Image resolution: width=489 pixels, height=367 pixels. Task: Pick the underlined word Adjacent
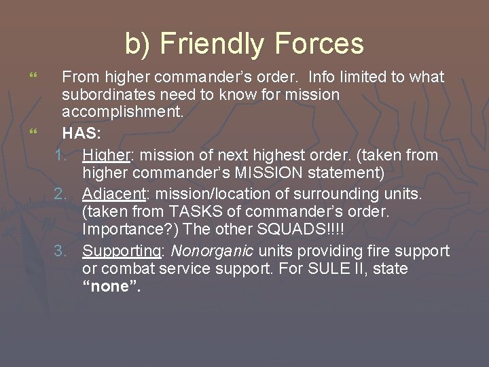[x=112, y=194]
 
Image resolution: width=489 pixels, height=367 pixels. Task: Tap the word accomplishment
[x=123, y=112]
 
